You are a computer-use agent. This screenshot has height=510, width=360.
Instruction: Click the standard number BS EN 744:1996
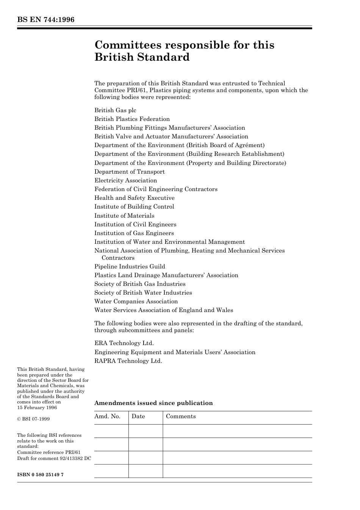point(45,20)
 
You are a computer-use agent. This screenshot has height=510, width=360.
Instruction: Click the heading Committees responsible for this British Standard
point(184,51)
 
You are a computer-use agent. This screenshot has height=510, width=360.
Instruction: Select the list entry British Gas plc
point(115,110)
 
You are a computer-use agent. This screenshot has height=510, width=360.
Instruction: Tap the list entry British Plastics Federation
point(132,119)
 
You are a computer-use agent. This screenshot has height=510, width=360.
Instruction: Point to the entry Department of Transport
point(129,172)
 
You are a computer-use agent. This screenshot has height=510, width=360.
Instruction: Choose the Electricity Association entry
point(125,180)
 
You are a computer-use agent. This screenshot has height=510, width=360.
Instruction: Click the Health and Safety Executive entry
point(134,198)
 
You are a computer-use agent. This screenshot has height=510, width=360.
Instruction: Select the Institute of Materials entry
point(124,216)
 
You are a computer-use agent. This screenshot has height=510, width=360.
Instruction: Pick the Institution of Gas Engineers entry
point(134,233)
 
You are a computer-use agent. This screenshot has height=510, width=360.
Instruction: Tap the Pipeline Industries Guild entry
point(130,267)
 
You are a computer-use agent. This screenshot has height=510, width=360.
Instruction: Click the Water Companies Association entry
point(136,301)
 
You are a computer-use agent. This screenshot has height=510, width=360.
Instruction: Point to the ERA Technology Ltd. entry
point(124,343)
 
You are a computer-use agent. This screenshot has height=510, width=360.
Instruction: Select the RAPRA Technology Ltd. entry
point(128,361)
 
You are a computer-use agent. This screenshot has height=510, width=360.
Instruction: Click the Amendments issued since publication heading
point(153,403)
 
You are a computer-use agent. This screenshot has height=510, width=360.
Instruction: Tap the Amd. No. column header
point(107,416)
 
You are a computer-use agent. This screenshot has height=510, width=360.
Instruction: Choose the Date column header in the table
point(138,416)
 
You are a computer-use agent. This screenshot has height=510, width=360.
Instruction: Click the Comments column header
point(181,416)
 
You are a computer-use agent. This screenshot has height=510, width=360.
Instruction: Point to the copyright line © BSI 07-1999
point(33,419)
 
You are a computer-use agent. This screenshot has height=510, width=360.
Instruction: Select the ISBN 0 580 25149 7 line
point(40,475)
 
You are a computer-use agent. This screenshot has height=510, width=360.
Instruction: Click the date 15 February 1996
point(37,408)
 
